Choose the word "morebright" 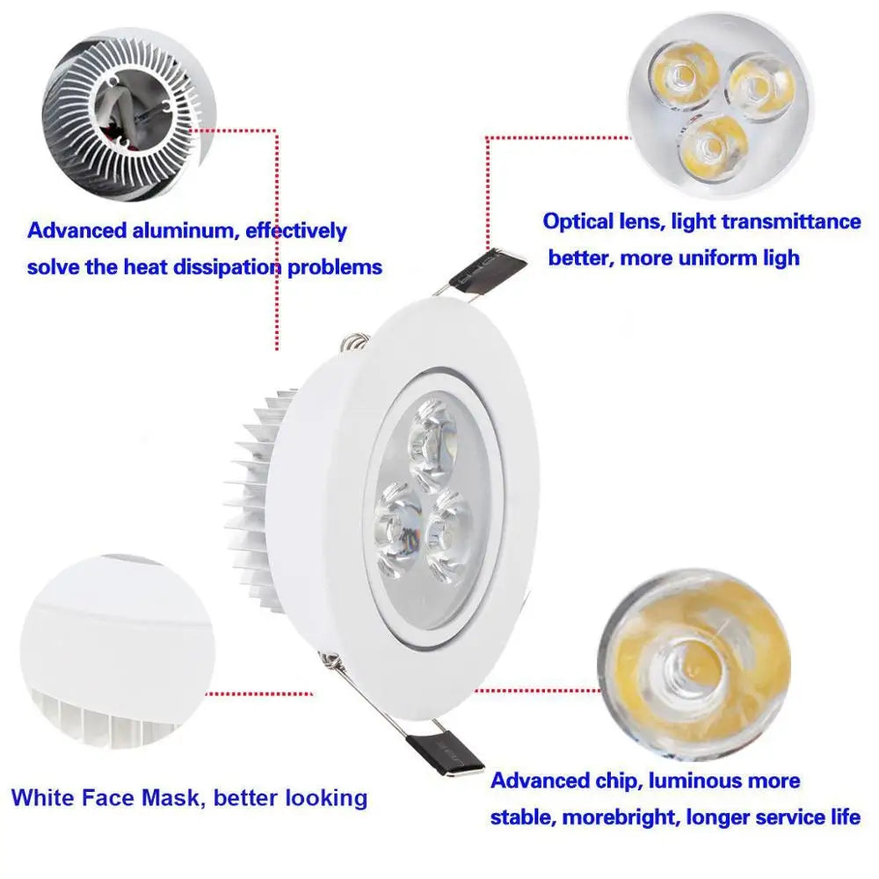click(x=619, y=817)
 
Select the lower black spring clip click(x=444, y=753)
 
